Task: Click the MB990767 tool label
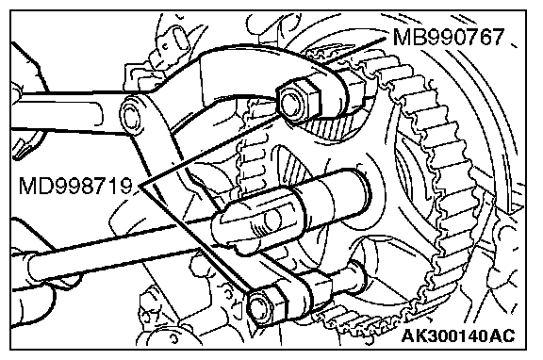[449, 37]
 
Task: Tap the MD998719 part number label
[75, 187]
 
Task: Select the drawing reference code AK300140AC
[458, 335]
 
